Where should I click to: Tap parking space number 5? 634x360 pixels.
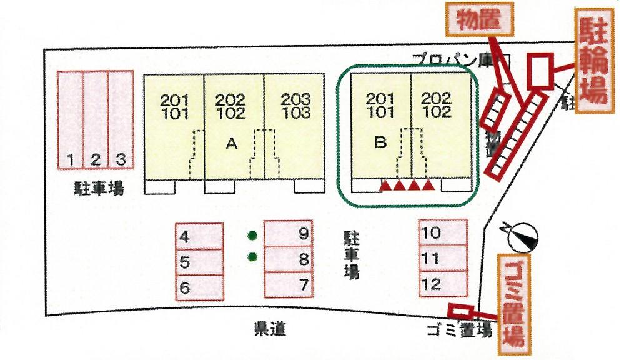click(199, 262)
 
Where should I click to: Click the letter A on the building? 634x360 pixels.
click(231, 144)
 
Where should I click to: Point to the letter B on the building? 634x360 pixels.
click(380, 142)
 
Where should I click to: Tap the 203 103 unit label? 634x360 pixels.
click(295, 106)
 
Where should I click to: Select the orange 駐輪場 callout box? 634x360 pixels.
click(593, 61)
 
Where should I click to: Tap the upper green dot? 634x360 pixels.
click(252, 236)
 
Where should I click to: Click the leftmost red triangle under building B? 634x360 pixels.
click(386, 185)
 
